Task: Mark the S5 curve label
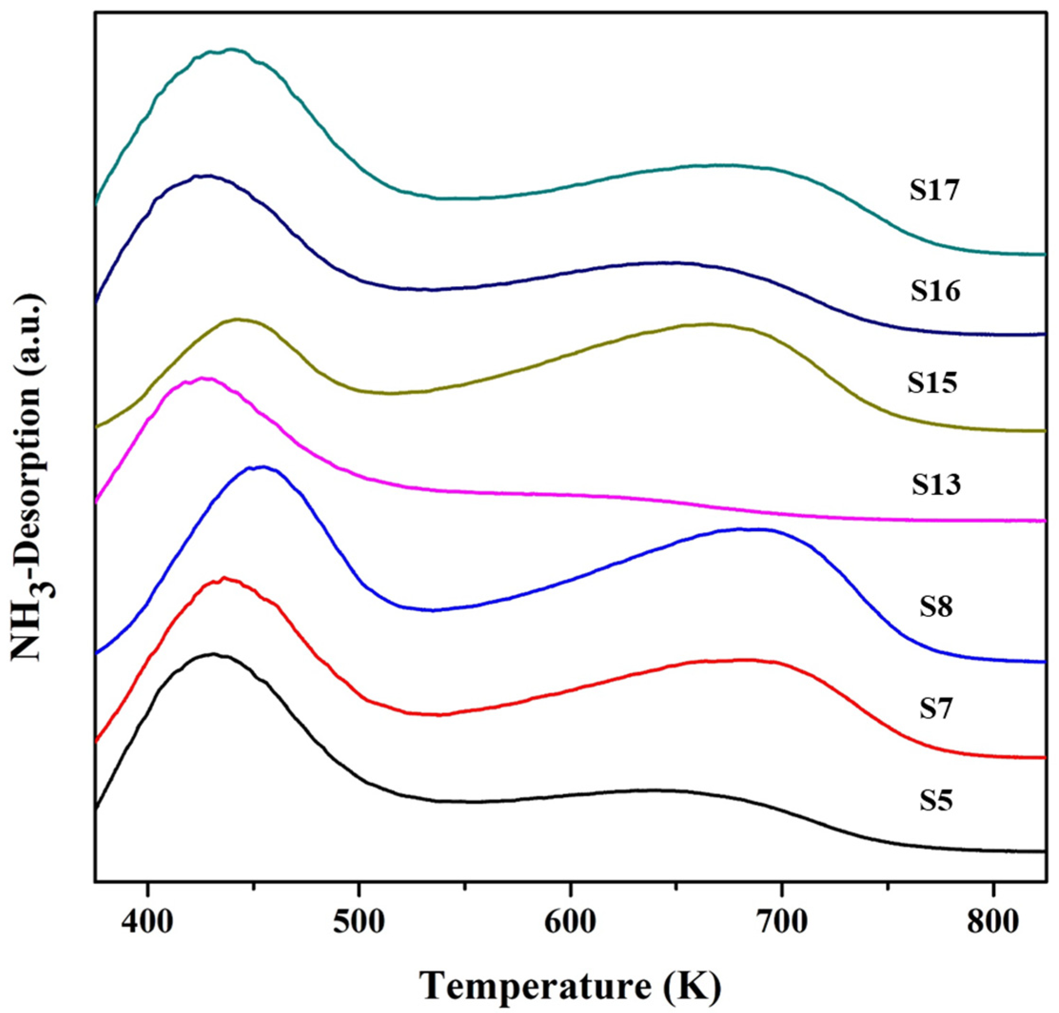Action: click(936, 816)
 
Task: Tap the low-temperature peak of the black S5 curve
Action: click(214, 654)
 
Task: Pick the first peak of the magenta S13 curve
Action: click(204, 378)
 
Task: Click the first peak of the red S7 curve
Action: click(225, 578)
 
